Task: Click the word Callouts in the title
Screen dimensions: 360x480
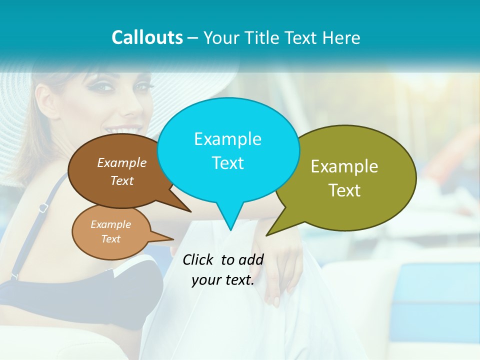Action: click(147, 37)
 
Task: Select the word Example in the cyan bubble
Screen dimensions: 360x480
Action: click(227, 139)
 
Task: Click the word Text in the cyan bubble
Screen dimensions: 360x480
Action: click(227, 163)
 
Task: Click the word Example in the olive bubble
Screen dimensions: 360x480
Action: click(344, 166)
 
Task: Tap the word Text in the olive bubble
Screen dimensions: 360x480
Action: click(344, 190)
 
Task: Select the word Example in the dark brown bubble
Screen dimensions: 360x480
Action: click(122, 162)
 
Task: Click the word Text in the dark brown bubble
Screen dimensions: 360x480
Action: click(122, 180)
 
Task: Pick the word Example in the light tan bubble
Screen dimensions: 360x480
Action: click(111, 224)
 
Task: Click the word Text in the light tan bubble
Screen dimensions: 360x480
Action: click(111, 239)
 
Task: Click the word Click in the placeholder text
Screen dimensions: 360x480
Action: click(199, 259)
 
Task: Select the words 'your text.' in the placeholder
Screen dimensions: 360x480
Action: click(223, 280)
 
